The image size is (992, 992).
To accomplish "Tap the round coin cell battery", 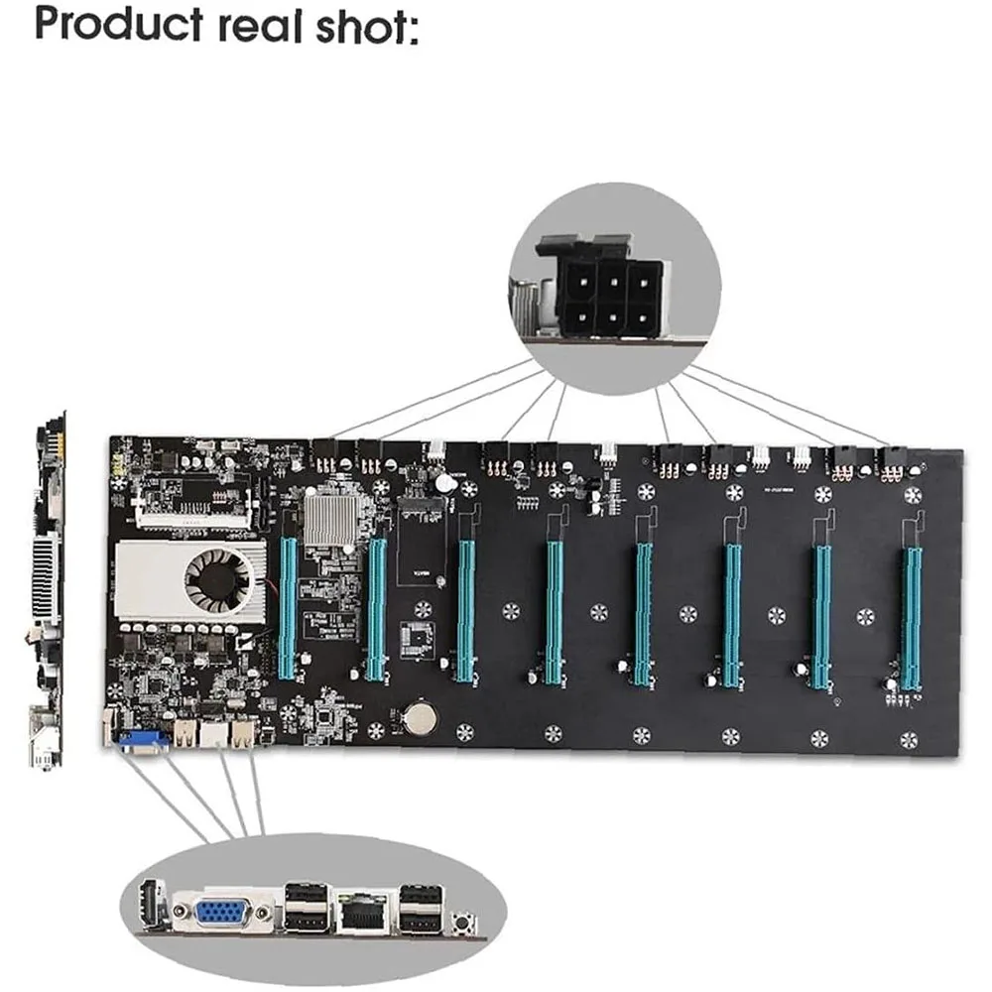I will [418, 716].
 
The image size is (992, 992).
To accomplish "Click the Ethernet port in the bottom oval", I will [360, 912].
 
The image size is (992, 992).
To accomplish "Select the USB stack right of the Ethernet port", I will [421, 909].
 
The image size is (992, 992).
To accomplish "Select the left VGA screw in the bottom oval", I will [183, 911].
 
